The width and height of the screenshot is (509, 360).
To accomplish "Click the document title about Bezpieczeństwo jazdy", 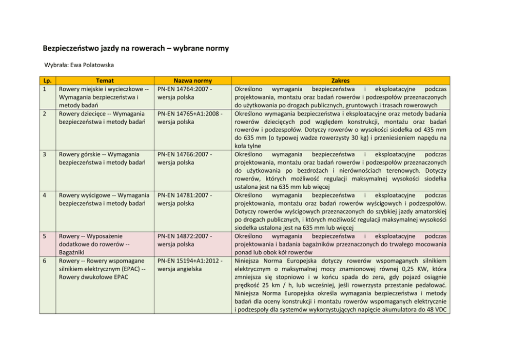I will click(135, 49).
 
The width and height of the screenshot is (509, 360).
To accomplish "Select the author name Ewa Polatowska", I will click(97, 66).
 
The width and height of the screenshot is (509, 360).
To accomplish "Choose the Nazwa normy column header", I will click(192, 81).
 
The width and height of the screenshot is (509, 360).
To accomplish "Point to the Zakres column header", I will click(341, 81).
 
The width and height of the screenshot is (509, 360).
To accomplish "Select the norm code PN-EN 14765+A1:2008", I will click(189, 113).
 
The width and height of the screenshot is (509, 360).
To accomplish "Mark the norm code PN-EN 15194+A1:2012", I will click(189, 261).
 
